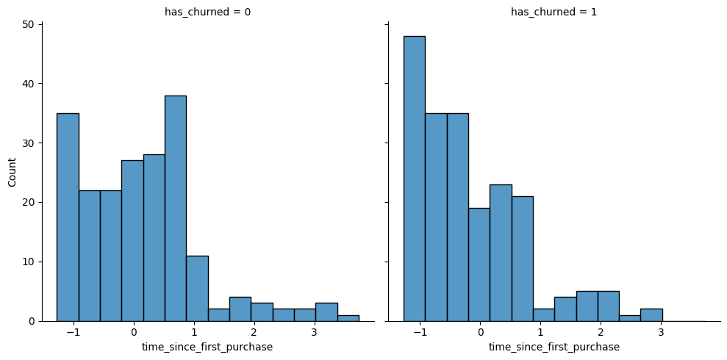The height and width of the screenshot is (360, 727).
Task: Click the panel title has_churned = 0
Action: click(207, 12)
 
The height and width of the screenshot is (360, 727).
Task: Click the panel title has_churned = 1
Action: click(554, 12)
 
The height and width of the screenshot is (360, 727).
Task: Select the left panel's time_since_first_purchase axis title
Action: click(207, 347)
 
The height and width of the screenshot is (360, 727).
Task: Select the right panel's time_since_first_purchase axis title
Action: click(554, 347)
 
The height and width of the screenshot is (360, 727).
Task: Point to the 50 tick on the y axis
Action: click(30, 24)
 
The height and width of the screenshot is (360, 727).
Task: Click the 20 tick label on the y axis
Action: click(30, 202)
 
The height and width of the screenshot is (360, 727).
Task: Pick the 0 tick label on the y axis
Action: click(32, 321)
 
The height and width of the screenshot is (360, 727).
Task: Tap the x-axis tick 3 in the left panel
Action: click(315, 332)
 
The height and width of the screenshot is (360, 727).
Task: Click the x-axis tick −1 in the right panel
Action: click(418, 332)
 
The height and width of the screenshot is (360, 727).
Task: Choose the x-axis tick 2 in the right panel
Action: click(601, 332)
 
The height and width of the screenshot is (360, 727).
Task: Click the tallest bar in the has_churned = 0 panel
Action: click(175, 209)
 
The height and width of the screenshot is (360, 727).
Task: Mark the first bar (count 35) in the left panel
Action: click(68, 217)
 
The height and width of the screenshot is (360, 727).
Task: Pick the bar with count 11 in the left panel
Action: click(197, 288)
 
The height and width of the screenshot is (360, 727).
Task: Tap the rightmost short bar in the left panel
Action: click(348, 318)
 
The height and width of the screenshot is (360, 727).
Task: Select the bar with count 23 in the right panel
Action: click(501, 253)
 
